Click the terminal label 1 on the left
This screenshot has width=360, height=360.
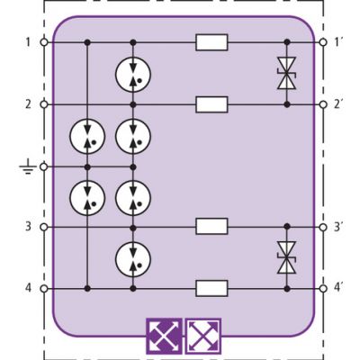[x=28, y=42]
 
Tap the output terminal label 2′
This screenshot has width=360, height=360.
[x=338, y=104]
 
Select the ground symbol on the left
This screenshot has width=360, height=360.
[x=28, y=167]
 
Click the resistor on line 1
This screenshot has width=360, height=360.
[x=211, y=42]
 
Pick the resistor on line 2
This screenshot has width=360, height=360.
[x=211, y=104]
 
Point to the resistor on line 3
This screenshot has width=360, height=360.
[x=211, y=226]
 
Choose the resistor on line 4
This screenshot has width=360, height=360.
[x=211, y=289]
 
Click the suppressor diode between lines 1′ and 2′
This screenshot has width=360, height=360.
[x=287, y=73]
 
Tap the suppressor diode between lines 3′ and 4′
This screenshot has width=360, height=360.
[x=287, y=257]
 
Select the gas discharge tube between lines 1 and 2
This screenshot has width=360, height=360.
[x=133, y=74]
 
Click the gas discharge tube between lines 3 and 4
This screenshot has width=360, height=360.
[x=133, y=258]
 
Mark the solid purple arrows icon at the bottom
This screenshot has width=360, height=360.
[x=164, y=336]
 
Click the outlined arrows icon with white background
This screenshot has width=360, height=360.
[x=203, y=336]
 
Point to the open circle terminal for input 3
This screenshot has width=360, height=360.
[x=44, y=227]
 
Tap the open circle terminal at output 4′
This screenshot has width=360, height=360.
[x=323, y=289]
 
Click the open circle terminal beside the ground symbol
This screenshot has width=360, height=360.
[x=44, y=166]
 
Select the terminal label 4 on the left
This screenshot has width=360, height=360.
[x=28, y=288]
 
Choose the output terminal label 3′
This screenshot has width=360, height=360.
[x=338, y=227]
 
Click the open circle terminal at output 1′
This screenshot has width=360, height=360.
[x=323, y=42]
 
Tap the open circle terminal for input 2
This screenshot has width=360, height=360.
[x=44, y=104]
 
